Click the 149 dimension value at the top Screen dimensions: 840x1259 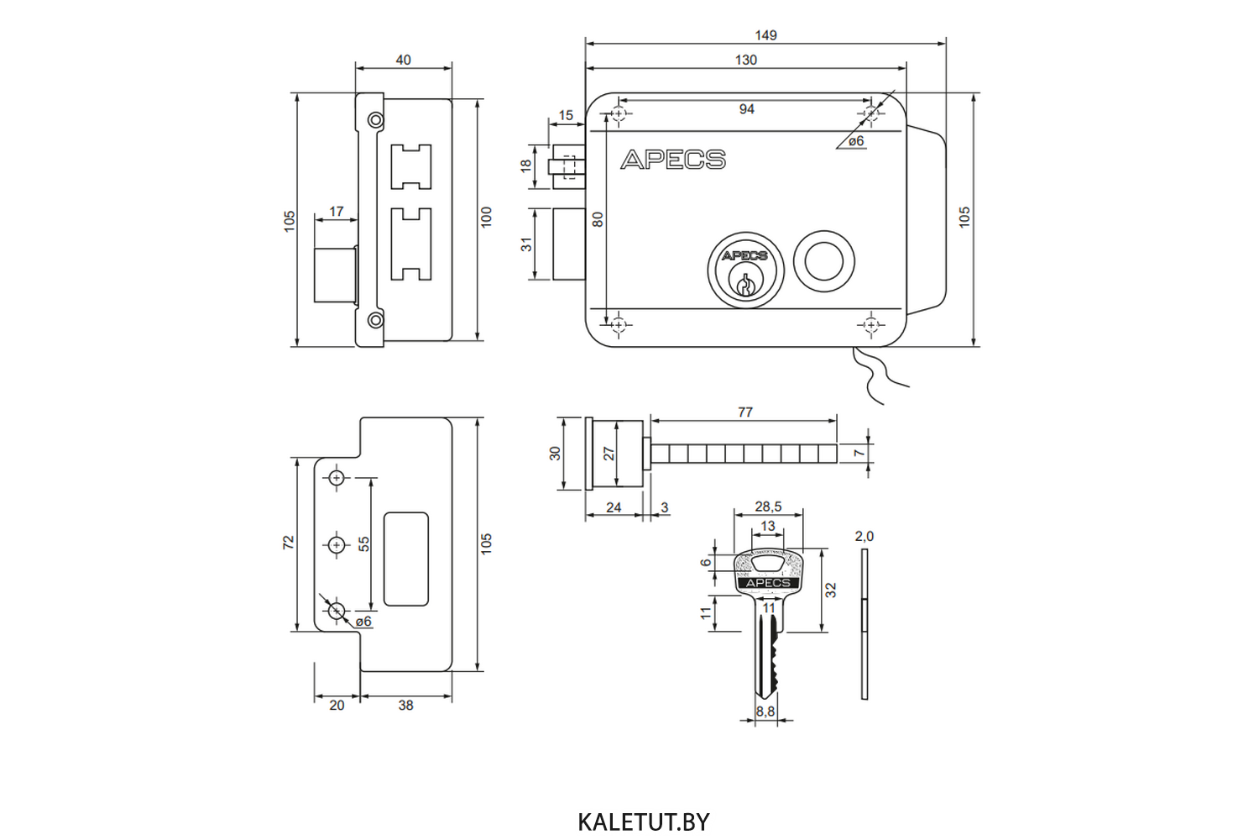tap(765, 35)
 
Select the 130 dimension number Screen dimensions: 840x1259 tap(745, 60)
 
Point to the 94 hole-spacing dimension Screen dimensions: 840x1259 tap(746, 109)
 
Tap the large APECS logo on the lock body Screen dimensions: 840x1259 tap(673, 160)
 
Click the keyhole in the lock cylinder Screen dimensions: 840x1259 tap(744, 285)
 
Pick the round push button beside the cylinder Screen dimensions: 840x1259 tap(823, 260)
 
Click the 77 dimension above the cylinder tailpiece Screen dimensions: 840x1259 tap(745, 412)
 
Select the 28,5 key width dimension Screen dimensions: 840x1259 tap(768, 507)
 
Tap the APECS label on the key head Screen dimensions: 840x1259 tap(768, 583)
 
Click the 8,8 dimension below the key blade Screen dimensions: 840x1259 tap(765, 711)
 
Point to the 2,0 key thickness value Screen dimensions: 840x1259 tap(864, 537)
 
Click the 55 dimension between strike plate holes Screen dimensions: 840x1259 tap(364, 544)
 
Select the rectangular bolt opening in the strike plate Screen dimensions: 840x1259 tap(406, 559)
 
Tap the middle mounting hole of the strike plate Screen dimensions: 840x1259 tap(337, 545)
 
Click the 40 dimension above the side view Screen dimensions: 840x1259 tap(403, 60)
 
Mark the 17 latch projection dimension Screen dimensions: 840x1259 tap(336, 212)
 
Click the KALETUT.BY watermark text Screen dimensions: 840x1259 tap(644, 822)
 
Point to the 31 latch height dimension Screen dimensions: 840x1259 tap(526, 244)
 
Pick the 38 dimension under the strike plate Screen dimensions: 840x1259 tap(405, 706)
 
